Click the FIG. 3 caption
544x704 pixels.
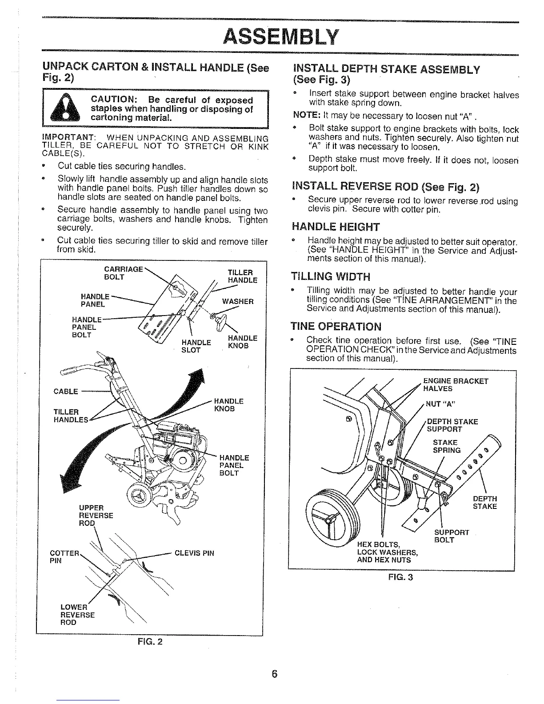click(x=401, y=578)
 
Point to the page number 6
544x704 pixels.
click(x=274, y=674)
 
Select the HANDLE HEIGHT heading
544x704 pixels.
click(x=336, y=227)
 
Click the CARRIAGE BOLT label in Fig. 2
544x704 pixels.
click(x=123, y=273)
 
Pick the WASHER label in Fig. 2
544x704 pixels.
click(x=238, y=301)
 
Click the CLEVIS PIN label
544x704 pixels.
click(x=194, y=553)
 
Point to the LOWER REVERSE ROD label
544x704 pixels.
click(x=77, y=615)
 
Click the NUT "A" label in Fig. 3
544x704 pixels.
click(x=439, y=404)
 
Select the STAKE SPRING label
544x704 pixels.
click(x=446, y=446)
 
